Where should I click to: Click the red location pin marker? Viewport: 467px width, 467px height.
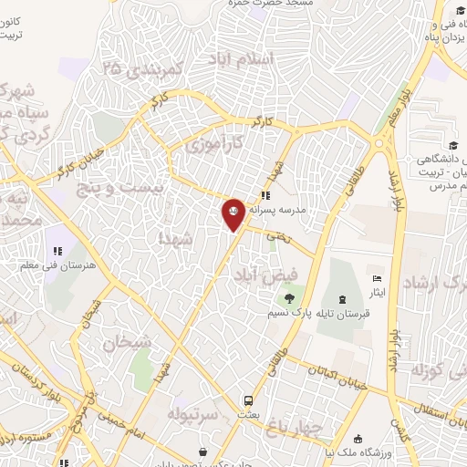click(x=233, y=213)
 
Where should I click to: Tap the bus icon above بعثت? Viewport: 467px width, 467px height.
click(x=247, y=401)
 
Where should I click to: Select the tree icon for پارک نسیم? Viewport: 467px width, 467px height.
click(x=289, y=298)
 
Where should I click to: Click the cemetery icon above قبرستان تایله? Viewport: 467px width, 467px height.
click(x=342, y=299)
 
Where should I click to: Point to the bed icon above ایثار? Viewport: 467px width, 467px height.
click(x=379, y=278)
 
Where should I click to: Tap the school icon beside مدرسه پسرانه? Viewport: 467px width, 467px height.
click(x=265, y=196)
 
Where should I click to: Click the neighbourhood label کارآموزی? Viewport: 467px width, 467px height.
click(x=214, y=144)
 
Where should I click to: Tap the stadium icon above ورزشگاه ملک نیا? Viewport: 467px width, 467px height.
click(x=358, y=439)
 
